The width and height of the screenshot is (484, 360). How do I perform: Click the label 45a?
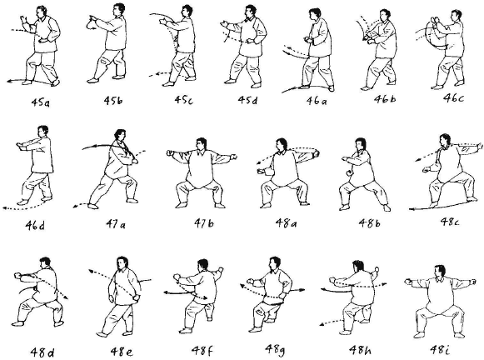point(40,102)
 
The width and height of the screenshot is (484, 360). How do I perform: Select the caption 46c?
point(453,97)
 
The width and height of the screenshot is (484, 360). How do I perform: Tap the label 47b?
point(204,222)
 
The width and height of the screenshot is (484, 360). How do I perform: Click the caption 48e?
point(122,352)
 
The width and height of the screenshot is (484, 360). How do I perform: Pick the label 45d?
point(247,100)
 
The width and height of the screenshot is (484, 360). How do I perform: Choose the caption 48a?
point(286,222)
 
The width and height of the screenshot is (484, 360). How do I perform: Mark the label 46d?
point(35,226)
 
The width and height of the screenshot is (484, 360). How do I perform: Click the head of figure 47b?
point(201,144)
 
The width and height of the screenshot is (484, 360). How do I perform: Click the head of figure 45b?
point(119,10)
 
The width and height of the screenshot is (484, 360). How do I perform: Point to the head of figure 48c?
point(445,141)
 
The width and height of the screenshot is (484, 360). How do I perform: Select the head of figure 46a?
point(315,15)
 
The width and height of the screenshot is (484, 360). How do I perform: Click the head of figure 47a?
point(120,136)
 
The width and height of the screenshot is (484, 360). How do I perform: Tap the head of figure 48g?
point(274,263)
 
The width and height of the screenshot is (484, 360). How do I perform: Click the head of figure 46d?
point(43,132)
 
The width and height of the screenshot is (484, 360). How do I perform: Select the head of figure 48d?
point(45,262)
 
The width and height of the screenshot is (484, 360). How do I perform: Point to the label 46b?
point(385,99)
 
